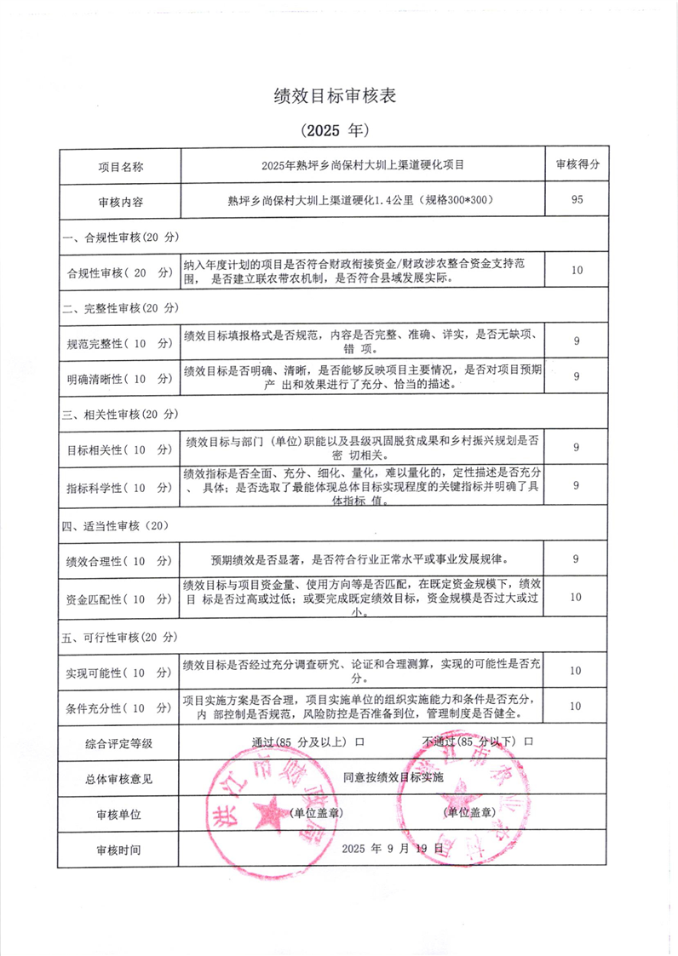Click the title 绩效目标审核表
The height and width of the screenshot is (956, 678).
point(334,96)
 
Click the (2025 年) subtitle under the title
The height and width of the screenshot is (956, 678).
point(334,131)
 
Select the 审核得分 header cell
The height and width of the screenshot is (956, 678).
point(577,164)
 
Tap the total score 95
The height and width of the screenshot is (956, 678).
point(577,200)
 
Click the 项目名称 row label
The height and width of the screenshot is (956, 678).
point(119,165)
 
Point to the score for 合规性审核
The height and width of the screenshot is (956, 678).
point(577,271)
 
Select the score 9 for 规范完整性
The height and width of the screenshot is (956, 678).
point(577,341)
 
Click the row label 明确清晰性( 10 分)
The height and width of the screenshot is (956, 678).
point(119,377)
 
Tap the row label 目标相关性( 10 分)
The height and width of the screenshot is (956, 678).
point(119,449)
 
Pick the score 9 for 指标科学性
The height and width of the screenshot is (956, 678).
point(577,484)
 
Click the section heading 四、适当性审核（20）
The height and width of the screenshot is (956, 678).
point(116,526)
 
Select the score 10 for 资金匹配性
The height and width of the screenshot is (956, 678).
point(577,597)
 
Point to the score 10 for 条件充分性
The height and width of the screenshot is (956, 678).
point(577,706)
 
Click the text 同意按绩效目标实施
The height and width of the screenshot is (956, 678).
point(394,777)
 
